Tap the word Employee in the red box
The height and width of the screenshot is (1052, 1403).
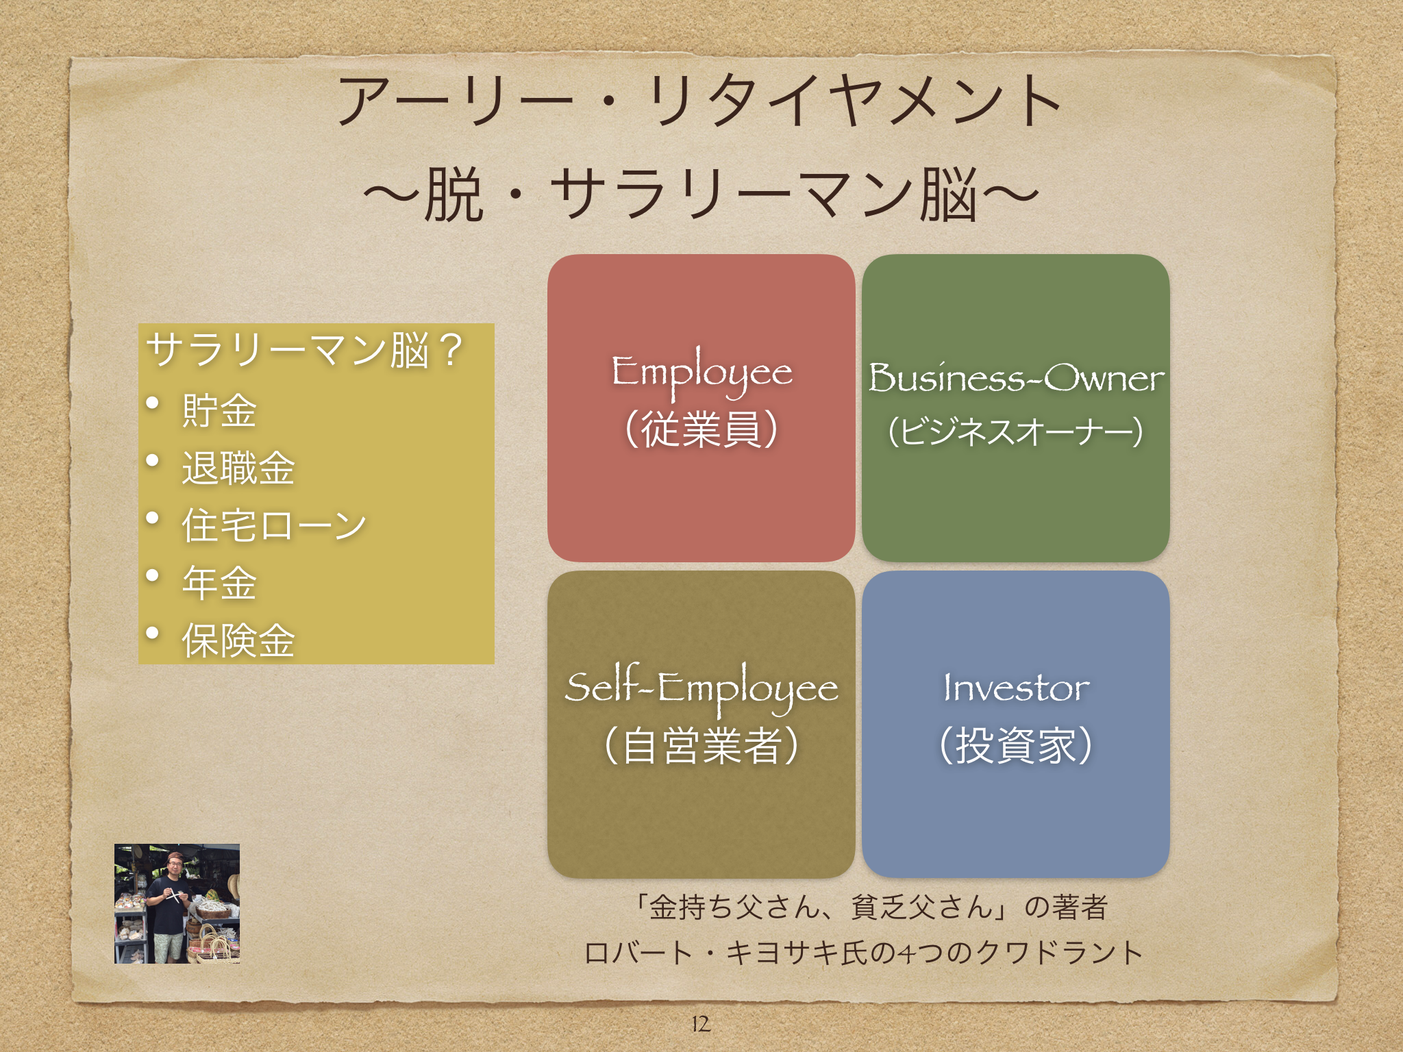(701, 374)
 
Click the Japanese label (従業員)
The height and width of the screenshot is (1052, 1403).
(701, 430)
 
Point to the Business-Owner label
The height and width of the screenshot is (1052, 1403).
(1016, 378)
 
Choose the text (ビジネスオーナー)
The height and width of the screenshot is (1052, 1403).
(1016, 431)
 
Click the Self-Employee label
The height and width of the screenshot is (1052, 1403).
(701, 689)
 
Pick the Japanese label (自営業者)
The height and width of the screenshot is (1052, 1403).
(701, 745)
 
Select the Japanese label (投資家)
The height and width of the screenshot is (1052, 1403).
(1016, 745)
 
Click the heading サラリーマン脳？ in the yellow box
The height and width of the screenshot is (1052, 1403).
(306, 350)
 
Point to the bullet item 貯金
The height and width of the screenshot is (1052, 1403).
(219, 411)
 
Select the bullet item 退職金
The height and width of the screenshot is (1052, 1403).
(238, 468)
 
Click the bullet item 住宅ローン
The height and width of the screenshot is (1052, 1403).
(274, 526)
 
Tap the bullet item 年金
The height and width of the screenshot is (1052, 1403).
(219, 584)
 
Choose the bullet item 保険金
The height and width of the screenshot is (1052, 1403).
(238, 641)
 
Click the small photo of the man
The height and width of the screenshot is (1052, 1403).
(177, 903)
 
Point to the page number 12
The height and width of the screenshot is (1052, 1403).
(700, 1024)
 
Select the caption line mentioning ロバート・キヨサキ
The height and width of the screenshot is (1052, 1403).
(863, 953)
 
